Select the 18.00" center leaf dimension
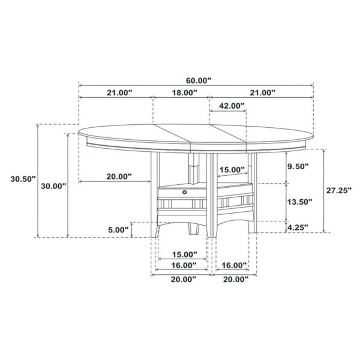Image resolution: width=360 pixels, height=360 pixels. coord(183,92)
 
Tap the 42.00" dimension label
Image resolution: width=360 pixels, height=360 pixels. coord(231,106)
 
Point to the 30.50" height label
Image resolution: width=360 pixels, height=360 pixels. coord(23,179)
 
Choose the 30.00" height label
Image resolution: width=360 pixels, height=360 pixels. coord(53,186)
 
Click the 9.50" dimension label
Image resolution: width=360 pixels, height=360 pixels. coord(298,166)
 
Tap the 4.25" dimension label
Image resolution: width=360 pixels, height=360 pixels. coord(298,227)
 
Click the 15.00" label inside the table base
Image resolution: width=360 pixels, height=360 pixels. coord(232,170)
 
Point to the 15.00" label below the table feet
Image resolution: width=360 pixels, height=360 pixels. coord(183,254)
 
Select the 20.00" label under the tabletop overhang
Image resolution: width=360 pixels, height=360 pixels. coord(119,176)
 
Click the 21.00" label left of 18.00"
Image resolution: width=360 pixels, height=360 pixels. coord(119,92)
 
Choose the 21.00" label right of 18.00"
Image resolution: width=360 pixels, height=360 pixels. coord(262,92)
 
